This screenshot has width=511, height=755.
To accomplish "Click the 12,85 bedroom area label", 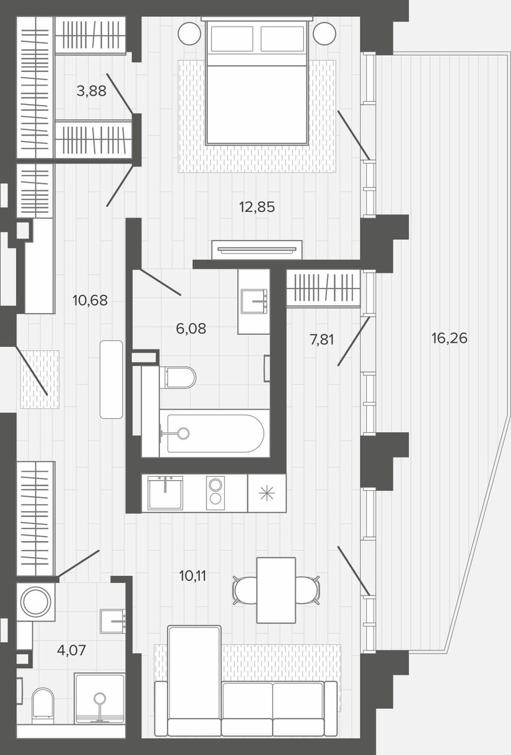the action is pyautogui.click(x=257, y=207).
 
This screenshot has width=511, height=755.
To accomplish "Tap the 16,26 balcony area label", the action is pyautogui.click(x=449, y=338).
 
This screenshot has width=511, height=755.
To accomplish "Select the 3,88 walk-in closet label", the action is pyautogui.click(x=91, y=91).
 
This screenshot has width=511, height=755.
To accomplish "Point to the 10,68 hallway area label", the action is pyautogui.click(x=90, y=300).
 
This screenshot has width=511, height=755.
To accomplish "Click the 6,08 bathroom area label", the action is pyautogui.click(x=191, y=329).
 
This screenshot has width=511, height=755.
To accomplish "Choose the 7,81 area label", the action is pyautogui.click(x=322, y=340).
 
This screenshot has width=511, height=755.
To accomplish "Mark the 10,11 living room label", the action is pyautogui.click(x=192, y=576).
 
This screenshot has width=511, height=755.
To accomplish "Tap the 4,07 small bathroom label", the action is pyautogui.click(x=71, y=650).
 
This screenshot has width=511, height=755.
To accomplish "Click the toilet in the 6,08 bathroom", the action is pyautogui.click(x=178, y=377).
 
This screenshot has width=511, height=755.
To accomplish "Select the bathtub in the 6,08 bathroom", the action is pyautogui.click(x=215, y=434).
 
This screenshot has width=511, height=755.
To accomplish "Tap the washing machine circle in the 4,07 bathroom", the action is pyautogui.click(x=36, y=602).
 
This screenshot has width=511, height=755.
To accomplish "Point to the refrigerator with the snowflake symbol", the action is pyautogui.click(x=267, y=494).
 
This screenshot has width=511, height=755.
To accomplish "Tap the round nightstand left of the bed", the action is pyautogui.click(x=189, y=34).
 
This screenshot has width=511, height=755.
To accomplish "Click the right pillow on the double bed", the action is pyautogui.click(x=283, y=38).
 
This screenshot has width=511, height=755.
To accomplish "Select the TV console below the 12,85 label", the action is pyautogui.click(x=257, y=250).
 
